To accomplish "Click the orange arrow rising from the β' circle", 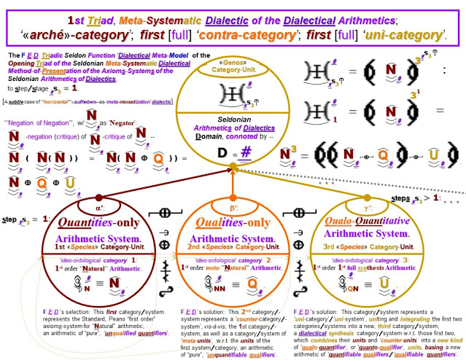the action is click(233, 182).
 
